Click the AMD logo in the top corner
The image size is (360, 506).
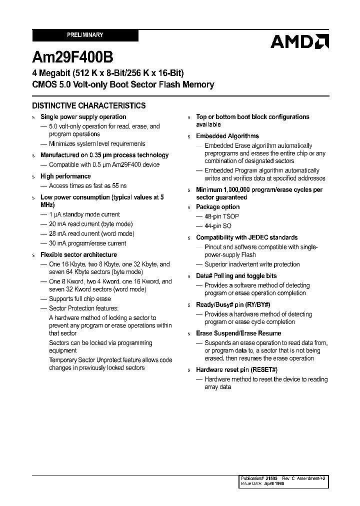point(299,41)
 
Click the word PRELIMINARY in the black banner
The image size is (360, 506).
point(85,35)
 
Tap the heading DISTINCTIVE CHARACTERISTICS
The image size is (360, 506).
point(89,105)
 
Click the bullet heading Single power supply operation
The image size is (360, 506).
point(83,117)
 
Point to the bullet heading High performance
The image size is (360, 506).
point(65,176)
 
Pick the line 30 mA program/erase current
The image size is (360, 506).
point(87,243)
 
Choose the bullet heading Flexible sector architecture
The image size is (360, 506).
point(78,254)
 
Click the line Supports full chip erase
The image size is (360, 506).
point(80,299)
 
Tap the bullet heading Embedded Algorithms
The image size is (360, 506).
point(227,136)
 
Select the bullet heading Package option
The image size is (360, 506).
point(217,207)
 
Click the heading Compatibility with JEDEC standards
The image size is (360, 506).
point(246,237)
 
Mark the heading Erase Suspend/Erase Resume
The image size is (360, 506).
point(238,333)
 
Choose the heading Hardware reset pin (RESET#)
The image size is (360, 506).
point(236,369)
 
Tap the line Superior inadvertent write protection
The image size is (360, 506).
point(252,264)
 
